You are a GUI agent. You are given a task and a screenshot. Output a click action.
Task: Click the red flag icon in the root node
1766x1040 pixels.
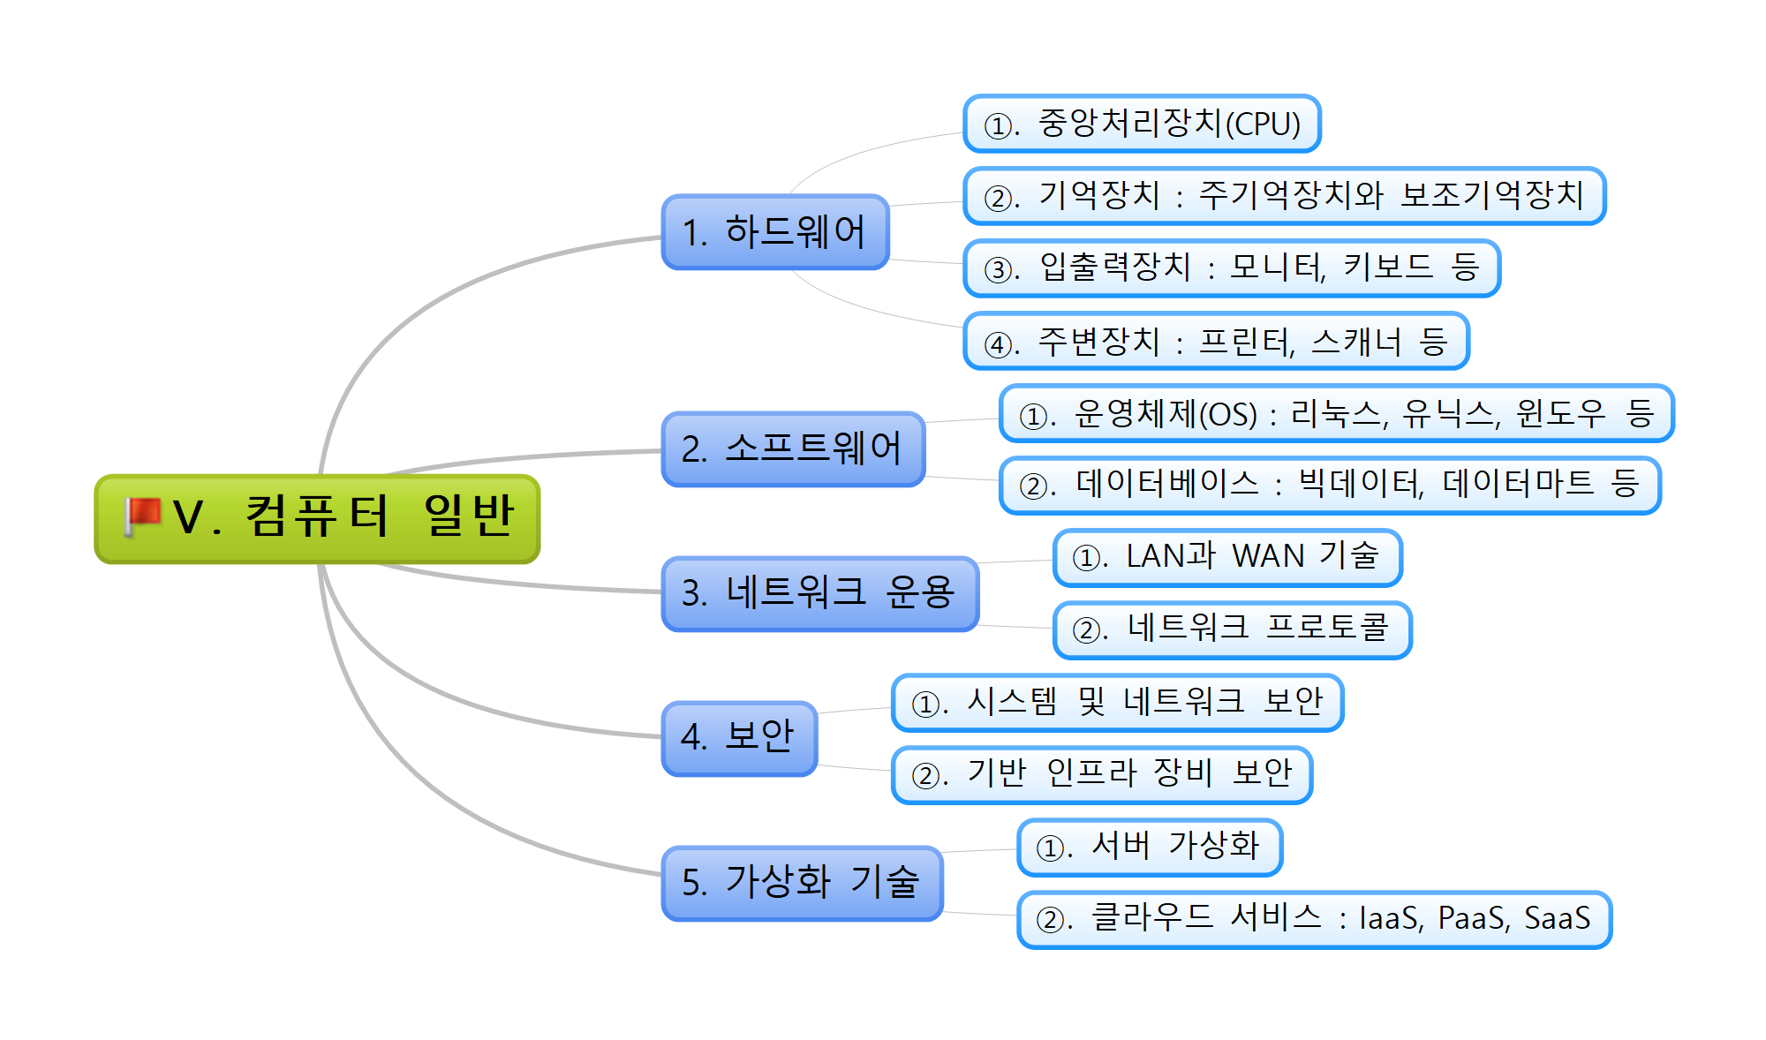(142, 516)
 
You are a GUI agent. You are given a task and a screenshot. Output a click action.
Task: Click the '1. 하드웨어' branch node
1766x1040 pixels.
(774, 232)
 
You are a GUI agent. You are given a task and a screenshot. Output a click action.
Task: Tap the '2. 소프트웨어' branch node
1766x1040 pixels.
(792, 449)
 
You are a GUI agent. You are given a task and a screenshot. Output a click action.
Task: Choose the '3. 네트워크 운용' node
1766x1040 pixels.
(819, 593)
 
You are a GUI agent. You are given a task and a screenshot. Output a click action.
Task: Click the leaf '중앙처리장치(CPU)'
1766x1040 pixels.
(1141, 124)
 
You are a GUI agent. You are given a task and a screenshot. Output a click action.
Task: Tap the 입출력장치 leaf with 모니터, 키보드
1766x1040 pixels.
(1231, 268)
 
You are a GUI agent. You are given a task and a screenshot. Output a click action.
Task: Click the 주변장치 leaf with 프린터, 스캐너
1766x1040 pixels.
(1215, 342)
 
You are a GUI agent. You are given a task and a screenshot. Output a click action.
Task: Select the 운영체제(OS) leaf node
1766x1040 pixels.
(1335, 414)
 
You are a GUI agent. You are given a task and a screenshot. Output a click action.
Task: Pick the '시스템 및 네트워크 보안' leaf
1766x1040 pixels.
(1117, 703)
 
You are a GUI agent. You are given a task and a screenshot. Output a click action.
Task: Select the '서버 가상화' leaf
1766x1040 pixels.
(1149, 848)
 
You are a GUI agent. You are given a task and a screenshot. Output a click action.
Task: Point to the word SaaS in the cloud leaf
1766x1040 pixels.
(1557, 919)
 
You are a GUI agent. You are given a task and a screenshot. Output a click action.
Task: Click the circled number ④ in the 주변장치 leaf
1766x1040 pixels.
(998, 343)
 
